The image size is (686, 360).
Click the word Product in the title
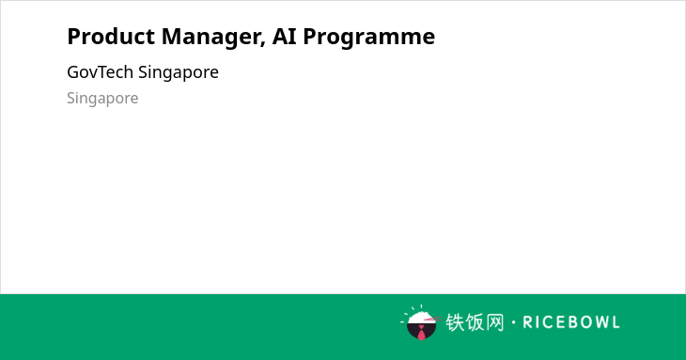pos(111,37)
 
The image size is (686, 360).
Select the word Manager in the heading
pos(213,38)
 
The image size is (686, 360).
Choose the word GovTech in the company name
pos(101,72)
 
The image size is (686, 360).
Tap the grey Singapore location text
pos(102,99)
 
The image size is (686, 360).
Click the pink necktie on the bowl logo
pos(421,333)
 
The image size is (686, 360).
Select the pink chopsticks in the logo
pos(432,320)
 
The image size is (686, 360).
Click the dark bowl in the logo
pos(421,330)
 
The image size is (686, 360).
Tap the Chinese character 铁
pos(455,322)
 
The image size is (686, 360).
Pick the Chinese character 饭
pos(475,322)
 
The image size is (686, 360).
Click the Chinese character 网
pos(495,322)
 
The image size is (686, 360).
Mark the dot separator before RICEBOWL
pos(514,322)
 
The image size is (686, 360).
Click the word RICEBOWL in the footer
pos(571,322)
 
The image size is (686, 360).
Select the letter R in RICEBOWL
pos(528,322)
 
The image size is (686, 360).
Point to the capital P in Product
pos(73,37)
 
